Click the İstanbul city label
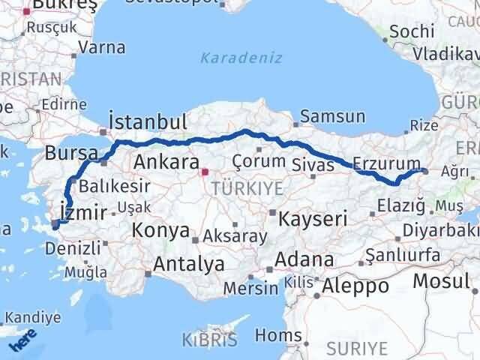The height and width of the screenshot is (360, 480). (147, 122)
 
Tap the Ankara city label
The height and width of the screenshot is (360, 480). (165, 161)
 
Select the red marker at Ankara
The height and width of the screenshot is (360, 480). (204, 172)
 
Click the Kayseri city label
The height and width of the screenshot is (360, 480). (313, 219)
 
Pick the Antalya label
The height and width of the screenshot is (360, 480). (189, 264)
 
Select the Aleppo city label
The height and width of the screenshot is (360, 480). (355, 286)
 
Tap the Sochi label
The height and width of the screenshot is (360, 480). (412, 31)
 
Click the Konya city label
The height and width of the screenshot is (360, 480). (161, 231)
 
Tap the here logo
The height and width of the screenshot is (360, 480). (22, 339)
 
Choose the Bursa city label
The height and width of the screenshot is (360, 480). (71, 153)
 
